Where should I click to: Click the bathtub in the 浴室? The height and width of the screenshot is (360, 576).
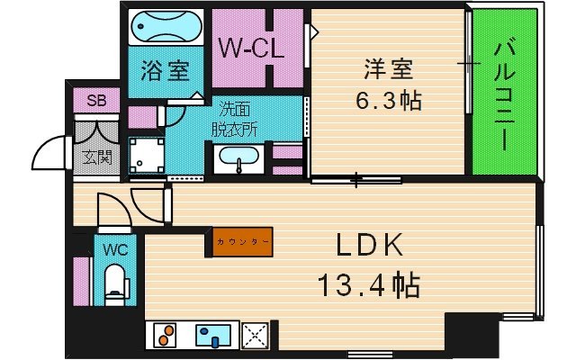click(x=166, y=26)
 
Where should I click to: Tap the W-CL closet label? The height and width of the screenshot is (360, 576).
click(x=252, y=48)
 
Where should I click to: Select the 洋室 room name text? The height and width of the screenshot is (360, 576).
click(x=388, y=68)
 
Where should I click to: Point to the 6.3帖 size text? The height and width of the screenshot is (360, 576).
click(x=388, y=101)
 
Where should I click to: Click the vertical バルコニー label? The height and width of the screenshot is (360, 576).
click(x=504, y=96)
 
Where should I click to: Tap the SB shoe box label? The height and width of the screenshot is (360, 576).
click(x=96, y=100)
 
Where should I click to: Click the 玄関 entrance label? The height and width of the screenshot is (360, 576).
click(x=96, y=157)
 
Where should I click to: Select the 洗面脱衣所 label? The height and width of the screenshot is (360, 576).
click(x=234, y=119)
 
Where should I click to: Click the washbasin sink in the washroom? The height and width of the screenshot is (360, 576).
click(x=238, y=156)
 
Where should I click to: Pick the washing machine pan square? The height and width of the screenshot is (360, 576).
click(x=146, y=155)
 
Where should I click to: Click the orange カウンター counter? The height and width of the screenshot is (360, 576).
click(x=242, y=242)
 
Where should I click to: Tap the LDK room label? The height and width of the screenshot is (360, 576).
click(x=369, y=245)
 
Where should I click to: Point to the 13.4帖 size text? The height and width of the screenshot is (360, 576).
click(x=368, y=285)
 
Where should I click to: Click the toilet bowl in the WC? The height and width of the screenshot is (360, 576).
click(x=114, y=284)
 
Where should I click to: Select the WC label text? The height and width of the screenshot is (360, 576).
click(x=115, y=250)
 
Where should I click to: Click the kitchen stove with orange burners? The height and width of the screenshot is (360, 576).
click(x=165, y=335)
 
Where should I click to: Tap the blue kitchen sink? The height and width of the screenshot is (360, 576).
click(x=213, y=335)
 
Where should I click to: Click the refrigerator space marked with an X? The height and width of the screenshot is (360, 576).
click(x=255, y=335)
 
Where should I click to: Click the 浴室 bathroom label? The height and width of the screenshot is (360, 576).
click(x=165, y=70)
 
